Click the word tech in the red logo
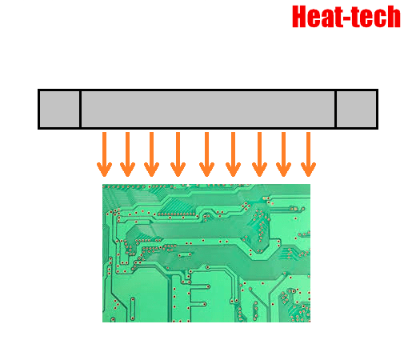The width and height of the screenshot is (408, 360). point(375,17)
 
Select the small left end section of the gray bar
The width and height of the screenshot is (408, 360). point(59,109)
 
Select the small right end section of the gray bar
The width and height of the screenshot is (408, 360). point(356,109)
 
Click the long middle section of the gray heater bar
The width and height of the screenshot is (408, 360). point(208,109)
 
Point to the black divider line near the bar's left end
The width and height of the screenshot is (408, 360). point(80,109)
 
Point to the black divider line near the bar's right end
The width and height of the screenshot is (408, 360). point(335,109)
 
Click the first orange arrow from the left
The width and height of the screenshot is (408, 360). point(104,154)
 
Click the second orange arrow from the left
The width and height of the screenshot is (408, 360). point(127,154)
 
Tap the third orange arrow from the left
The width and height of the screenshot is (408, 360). point(151,154)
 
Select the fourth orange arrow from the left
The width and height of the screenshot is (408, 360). point(178,154)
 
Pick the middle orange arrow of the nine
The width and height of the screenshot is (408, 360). point(206,154)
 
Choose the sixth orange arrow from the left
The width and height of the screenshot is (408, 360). point(233,154)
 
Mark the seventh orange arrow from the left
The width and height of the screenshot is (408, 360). point(259,154)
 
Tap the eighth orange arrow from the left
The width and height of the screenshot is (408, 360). point(283,154)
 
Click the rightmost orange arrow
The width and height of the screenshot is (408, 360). point(308,154)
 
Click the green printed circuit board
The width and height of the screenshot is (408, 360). point(206,253)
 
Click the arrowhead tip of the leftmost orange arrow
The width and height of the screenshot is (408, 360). point(104,176)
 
